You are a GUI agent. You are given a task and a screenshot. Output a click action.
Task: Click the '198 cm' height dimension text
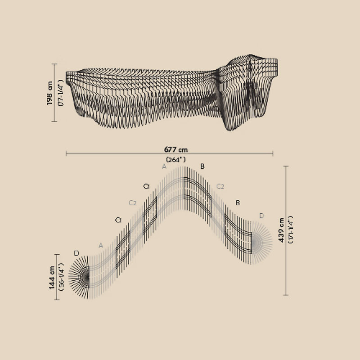click(x=50, y=93)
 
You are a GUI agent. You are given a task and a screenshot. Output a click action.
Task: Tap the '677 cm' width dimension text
click(x=176, y=150)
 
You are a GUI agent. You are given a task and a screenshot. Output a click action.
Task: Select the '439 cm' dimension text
click(x=281, y=230)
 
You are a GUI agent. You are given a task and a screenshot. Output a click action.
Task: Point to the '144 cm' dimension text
click(x=52, y=277)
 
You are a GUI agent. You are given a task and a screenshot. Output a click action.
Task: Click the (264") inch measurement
click(x=176, y=160)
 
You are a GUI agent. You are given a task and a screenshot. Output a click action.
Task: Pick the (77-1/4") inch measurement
click(x=61, y=93)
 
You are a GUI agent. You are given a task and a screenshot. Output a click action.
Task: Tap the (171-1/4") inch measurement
click(x=291, y=229)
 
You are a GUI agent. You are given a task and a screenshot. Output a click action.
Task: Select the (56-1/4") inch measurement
click(x=61, y=277)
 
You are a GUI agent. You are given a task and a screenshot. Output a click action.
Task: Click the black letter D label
click(x=76, y=253)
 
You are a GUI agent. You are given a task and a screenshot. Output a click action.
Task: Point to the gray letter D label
click(x=262, y=216)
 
